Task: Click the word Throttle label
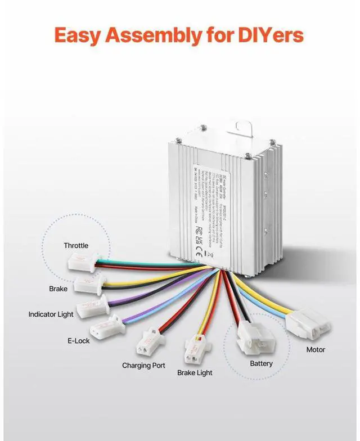coord(76,245)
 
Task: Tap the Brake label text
coord(58,289)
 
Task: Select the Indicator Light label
coord(51,314)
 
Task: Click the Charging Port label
coord(143,365)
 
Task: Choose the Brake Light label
coord(195,372)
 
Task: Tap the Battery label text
coord(261,363)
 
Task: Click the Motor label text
coord(316,349)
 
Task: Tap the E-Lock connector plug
coord(106,326)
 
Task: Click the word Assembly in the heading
coord(155,36)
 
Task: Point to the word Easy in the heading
coord(78,36)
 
